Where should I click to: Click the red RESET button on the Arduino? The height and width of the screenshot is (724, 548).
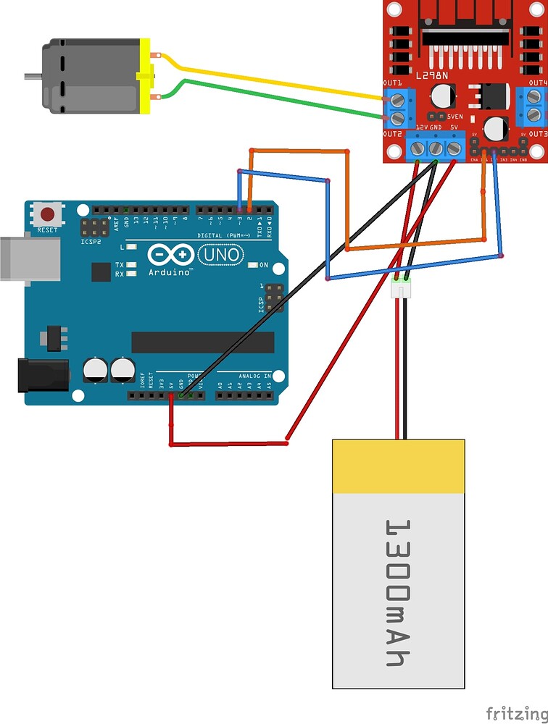click(x=48, y=215)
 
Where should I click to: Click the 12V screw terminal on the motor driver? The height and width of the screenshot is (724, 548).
click(x=418, y=149)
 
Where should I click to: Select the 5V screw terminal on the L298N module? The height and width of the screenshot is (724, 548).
click(x=454, y=149)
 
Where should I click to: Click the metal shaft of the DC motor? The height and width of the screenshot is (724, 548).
click(x=33, y=75)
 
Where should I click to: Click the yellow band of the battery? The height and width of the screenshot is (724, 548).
click(x=398, y=466)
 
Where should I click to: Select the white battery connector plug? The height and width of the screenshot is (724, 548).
click(x=401, y=288)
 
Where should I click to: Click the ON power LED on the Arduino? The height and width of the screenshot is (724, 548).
click(x=252, y=266)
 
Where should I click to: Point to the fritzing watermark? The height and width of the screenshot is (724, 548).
click(x=515, y=713)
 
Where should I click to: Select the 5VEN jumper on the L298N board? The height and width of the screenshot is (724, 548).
click(x=436, y=116)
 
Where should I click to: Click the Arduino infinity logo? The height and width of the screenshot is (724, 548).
click(x=170, y=256)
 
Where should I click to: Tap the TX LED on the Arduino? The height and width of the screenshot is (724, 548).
click(x=131, y=266)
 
